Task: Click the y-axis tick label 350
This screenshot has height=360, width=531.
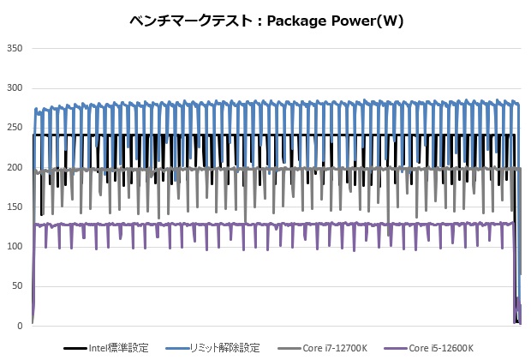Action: click(x=14, y=49)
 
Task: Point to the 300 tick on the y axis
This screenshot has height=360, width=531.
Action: click(x=14, y=88)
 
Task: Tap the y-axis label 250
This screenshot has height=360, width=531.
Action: click(x=14, y=128)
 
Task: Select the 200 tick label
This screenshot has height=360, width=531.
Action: click(x=14, y=167)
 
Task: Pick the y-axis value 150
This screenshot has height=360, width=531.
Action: click(x=14, y=207)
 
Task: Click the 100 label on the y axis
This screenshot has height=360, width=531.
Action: click(x=14, y=247)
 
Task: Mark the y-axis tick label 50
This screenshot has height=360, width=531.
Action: click(x=16, y=286)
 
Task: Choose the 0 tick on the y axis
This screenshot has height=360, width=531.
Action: click(x=19, y=326)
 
